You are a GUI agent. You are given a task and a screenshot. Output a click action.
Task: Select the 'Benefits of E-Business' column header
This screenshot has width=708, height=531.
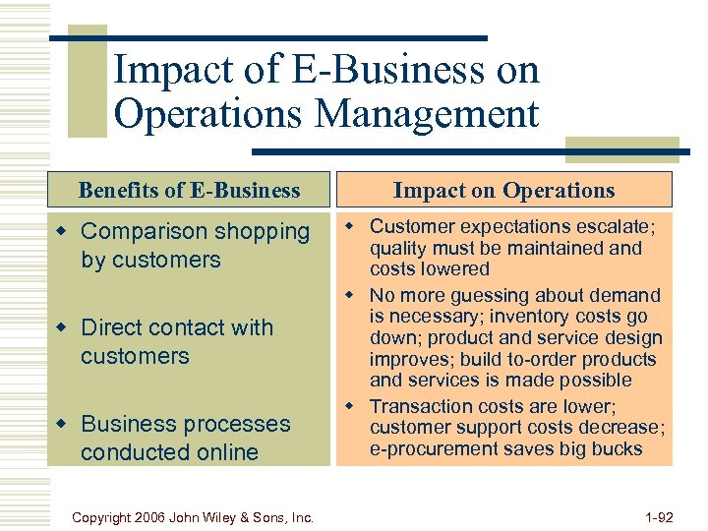[x=189, y=190]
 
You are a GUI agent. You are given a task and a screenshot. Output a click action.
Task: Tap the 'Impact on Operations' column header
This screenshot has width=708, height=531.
[x=503, y=190]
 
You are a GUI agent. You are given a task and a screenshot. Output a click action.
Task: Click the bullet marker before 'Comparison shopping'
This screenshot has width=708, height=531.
[x=64, y=231]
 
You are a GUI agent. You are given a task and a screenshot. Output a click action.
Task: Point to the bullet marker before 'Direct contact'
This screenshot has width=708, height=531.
[x=64, y=327]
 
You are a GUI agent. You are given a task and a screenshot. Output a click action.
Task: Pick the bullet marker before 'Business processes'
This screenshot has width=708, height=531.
[x=64, y=424]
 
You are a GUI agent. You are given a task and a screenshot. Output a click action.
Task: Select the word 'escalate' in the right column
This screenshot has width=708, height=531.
[x=611, y=227]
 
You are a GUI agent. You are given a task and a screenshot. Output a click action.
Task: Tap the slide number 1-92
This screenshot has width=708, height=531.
[x=657, y=516]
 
